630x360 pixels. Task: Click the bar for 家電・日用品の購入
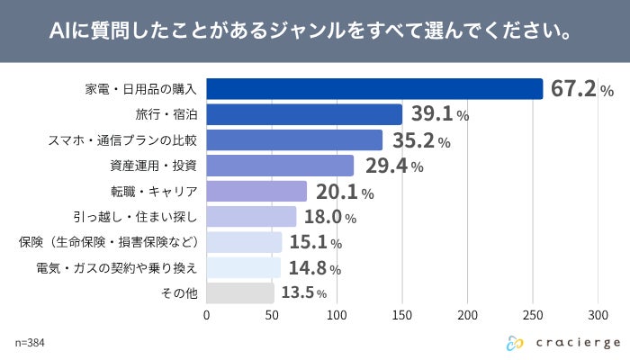tap(375, 89)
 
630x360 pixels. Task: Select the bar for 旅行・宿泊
tap(304, 114)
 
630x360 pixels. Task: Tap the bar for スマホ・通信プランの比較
tap(295, 140)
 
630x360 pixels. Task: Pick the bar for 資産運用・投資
tap(281, 166)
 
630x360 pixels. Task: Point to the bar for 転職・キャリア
tap(257, 191)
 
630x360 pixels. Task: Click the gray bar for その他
tap(240, 293)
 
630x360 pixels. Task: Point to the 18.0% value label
tap(329, 217)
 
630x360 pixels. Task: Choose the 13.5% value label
tap(303, 293)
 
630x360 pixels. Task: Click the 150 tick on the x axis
tap(402, 316)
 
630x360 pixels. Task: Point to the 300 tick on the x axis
tap(598, 316)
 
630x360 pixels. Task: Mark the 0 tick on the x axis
tap(207, 316)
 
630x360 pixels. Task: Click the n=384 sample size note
tap(31, 343)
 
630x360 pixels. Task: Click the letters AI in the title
tap(59, 32)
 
